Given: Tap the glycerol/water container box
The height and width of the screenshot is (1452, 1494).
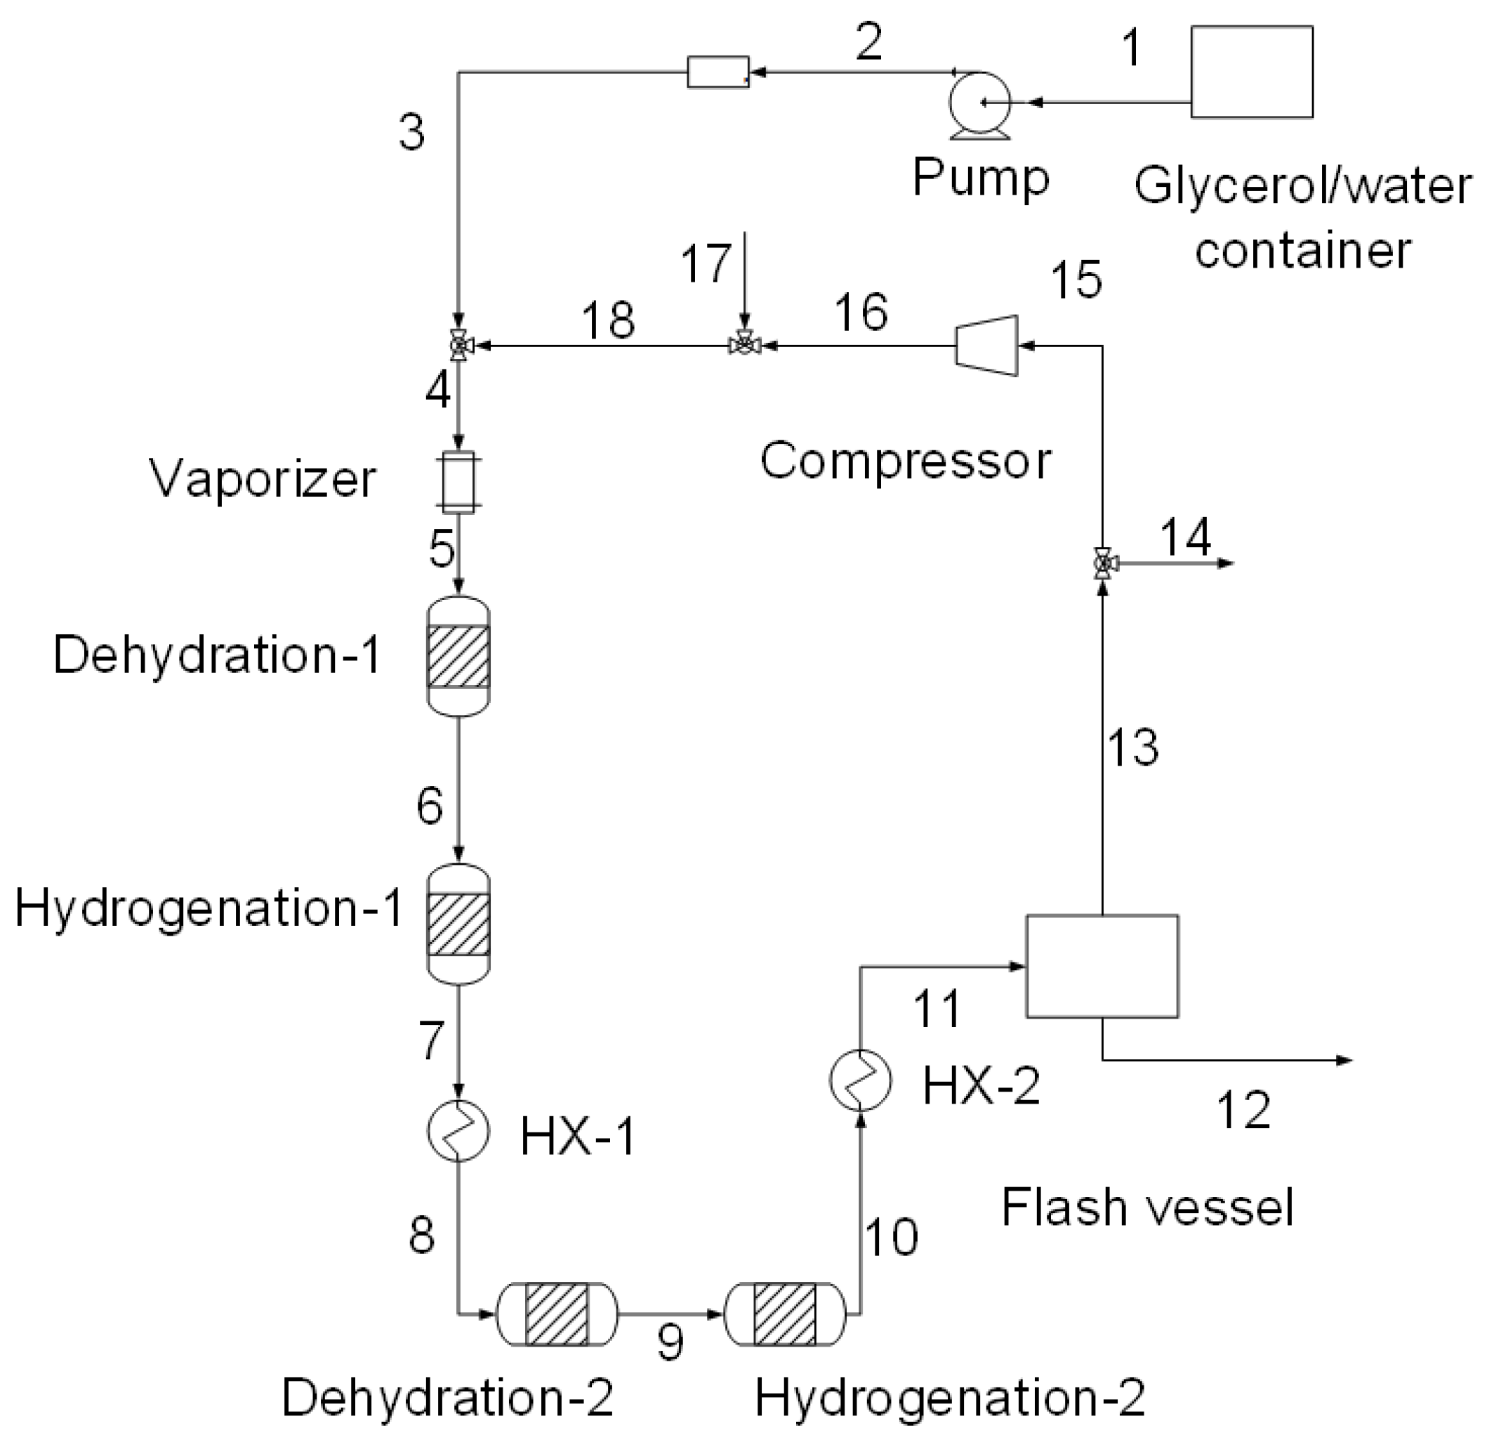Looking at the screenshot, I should pyautogui.click(x=1252, y=72).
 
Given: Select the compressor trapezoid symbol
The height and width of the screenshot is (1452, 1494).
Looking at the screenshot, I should pyautogui.click(x=987, y=346).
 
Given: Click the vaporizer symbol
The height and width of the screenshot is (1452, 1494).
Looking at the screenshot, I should pyautogui.click(x=459, y=481).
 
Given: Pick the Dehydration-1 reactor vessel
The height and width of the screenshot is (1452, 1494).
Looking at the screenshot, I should pyautogui.click(x=458, y=657).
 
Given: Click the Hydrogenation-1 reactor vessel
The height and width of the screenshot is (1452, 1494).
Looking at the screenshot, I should pyautogui.click(x=458, y=924).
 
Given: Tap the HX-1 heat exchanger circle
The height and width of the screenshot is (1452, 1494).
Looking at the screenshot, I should pyautogui.click(x=457, y=1130).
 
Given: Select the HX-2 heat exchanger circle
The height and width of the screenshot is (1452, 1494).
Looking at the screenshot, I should pyautogui.click(x=860, y=1080).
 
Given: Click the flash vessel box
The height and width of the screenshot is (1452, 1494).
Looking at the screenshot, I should pyautogui.click(x=1102, y=966).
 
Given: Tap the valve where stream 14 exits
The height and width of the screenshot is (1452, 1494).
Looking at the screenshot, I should pyautogui.click(x=1102, y=563).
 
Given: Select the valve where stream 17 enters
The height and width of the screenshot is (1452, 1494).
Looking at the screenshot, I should pyautogui.click(x=745, y=346).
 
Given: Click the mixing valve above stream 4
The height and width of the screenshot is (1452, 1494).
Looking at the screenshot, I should pyautogui.click(x=459, y=346).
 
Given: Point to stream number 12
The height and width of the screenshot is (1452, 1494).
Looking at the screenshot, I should pyautogui.click(x=1244, y=1111).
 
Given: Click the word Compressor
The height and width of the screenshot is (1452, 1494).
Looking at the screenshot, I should pyautogui.click(x=906, y=462).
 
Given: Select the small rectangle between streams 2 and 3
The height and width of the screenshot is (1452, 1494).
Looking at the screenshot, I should pyautogui.click(x=718, y=72).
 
